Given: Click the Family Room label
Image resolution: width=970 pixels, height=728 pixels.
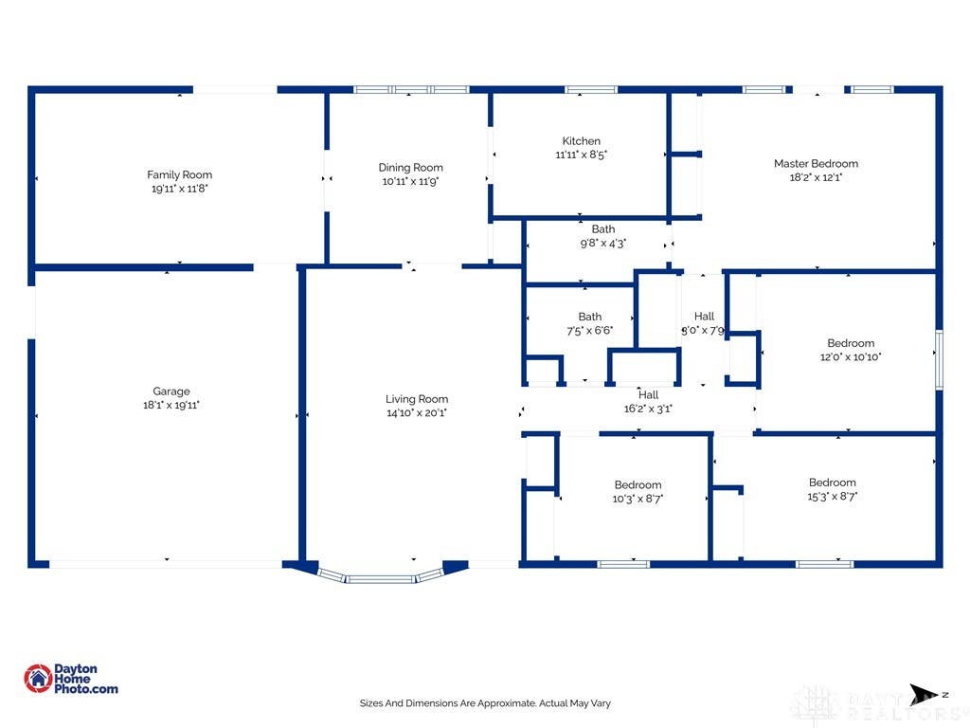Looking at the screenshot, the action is [x=179, y=174].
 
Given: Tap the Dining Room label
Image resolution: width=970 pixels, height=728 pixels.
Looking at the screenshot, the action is [x=411, y=167].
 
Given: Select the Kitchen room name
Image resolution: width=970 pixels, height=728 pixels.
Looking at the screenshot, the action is [x=581, y=140].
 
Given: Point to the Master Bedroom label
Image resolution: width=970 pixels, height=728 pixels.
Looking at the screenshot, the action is [x=816, y=163].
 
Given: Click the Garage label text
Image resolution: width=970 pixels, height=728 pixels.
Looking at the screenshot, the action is [x=171, y=391].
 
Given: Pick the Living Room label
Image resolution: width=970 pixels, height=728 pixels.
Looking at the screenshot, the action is [x=417, y=399].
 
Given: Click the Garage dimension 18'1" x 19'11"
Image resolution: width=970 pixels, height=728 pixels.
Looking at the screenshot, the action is [x=171, y=405].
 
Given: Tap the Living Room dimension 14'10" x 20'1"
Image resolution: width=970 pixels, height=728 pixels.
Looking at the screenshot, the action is [x=417, y=412].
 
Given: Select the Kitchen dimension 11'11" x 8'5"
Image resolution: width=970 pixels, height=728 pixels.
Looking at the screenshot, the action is [x=581, y=155].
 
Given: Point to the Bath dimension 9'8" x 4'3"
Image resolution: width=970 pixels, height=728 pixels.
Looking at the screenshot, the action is [x=603, y=243].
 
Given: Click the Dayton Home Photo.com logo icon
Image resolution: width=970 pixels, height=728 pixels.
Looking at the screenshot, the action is [x=38, y=679].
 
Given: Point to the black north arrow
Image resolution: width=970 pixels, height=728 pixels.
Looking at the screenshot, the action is [x=923, y=695].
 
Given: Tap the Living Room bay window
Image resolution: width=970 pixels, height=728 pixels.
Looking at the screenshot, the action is [x=380, y=577].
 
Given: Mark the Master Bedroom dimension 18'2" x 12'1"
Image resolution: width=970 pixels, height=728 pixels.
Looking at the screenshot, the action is [x=816, y=177].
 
